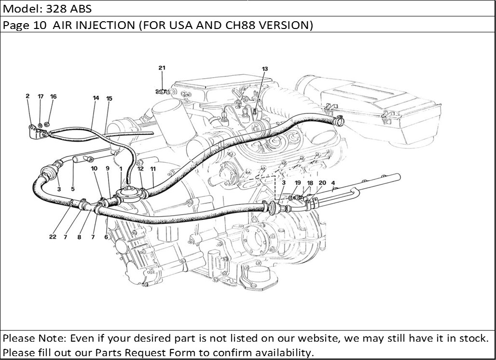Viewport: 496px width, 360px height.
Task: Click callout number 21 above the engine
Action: click(162, 68)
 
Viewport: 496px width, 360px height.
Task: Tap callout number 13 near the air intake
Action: click(264, 69)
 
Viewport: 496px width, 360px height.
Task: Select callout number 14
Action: click(96, 98)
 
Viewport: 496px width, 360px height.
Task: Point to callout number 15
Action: click(109, 98)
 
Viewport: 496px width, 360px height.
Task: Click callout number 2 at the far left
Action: click(28, 96)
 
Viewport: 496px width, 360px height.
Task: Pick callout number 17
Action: click(41, 97)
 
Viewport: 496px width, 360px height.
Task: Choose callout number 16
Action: click(53, 97)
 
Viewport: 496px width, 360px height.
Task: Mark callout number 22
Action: click(53, 237)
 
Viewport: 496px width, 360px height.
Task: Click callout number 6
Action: click(106, 237)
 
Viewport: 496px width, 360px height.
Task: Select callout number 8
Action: click(79, 237)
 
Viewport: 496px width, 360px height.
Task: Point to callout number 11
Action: click(153, 169)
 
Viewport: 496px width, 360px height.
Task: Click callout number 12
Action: click(140, 169)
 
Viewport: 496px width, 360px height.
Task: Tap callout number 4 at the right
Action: click(333, 183)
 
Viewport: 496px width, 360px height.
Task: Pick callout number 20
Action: click(322, 183)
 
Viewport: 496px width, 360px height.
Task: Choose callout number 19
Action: click(298, 183)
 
